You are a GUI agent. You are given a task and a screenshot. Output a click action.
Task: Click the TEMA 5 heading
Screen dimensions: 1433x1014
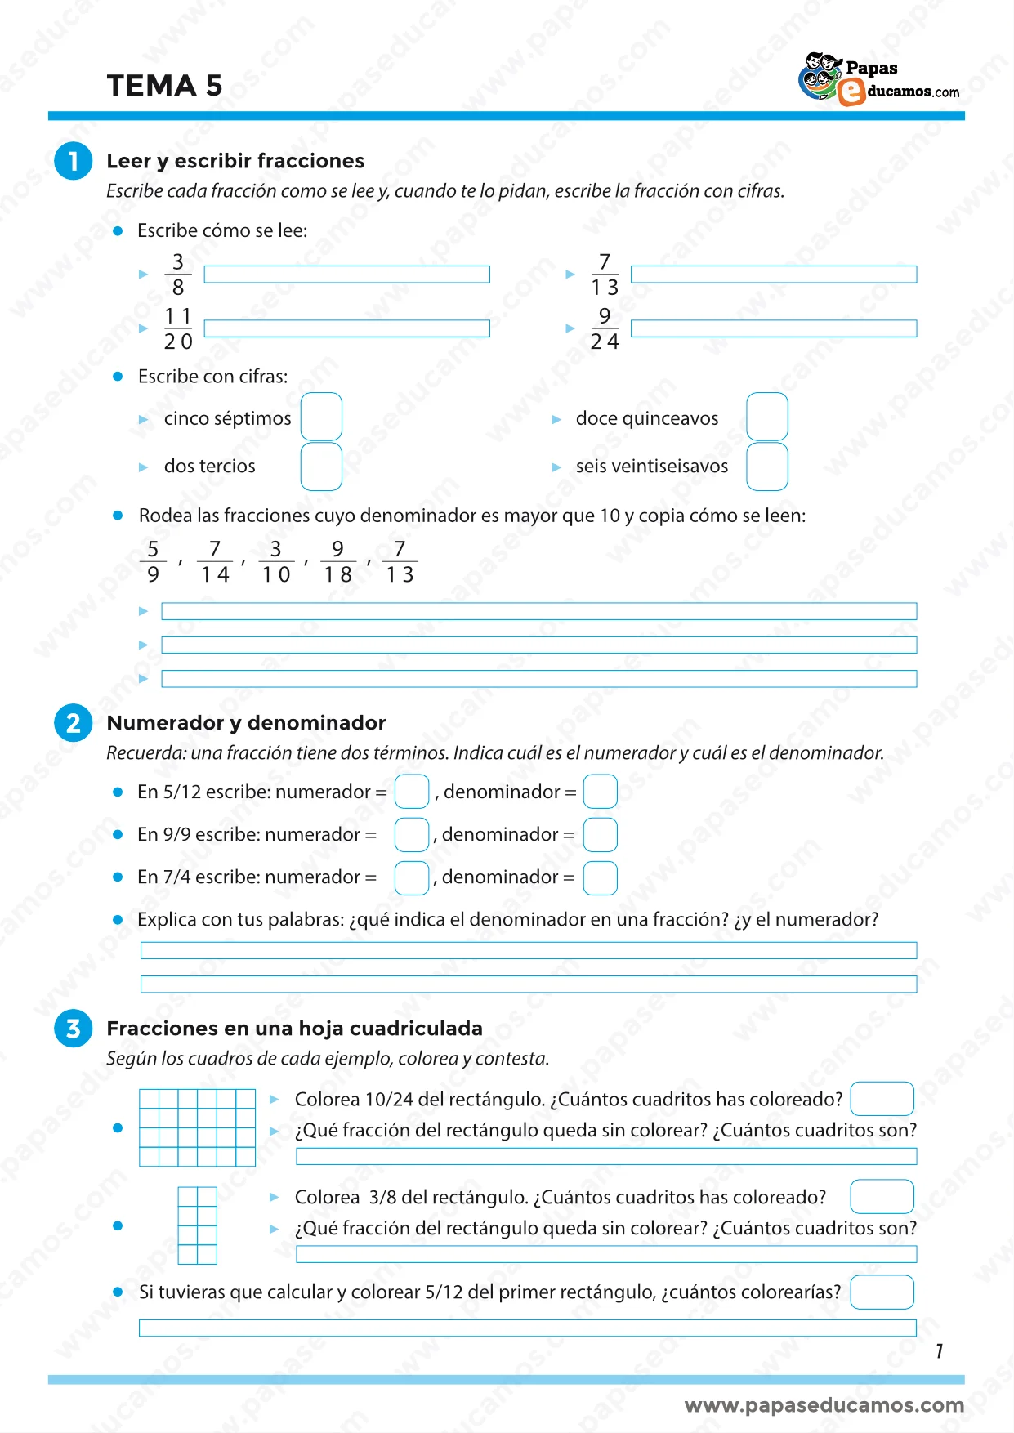(164, 86)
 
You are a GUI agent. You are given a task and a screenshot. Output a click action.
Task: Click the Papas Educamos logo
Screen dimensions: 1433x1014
(878, 79)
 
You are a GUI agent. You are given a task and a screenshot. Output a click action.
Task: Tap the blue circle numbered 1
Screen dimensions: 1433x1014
(74, 160)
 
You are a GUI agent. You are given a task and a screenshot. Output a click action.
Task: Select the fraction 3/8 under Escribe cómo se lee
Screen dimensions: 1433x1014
(178, 275)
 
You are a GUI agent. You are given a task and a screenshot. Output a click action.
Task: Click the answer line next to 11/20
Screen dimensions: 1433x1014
(346, 328)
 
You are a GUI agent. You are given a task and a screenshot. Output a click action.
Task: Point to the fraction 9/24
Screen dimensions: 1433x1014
(605, 328)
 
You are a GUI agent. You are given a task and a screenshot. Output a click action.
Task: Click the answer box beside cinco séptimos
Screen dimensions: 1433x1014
(321, 417)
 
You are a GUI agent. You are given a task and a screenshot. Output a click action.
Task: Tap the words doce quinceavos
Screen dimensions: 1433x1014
(647, 418)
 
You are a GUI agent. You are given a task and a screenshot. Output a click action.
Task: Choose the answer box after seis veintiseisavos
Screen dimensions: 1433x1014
(766, 467)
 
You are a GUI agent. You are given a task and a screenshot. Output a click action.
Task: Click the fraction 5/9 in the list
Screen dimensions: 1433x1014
(153, 561)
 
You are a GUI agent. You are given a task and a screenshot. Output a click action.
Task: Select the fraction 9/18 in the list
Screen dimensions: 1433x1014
(337, 561)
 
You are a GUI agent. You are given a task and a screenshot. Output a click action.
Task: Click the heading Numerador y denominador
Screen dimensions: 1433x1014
(246, 723)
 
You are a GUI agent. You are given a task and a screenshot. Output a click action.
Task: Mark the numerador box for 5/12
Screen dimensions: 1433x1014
(411, 792)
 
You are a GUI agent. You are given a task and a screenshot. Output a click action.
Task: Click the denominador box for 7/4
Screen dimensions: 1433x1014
(600, 877)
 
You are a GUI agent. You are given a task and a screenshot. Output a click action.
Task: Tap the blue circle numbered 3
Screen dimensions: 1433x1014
(74, 1028)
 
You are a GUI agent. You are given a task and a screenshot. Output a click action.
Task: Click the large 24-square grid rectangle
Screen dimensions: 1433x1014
(197, 1127)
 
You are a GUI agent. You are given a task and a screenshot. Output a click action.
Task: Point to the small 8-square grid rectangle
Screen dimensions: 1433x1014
(197, 1225)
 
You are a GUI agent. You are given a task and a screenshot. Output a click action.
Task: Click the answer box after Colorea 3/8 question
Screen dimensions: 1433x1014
(882, 1197)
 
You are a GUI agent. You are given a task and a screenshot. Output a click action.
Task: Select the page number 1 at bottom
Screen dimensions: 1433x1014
(940, 1351)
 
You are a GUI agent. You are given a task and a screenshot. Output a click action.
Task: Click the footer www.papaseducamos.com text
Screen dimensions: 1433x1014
(824, 1405)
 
